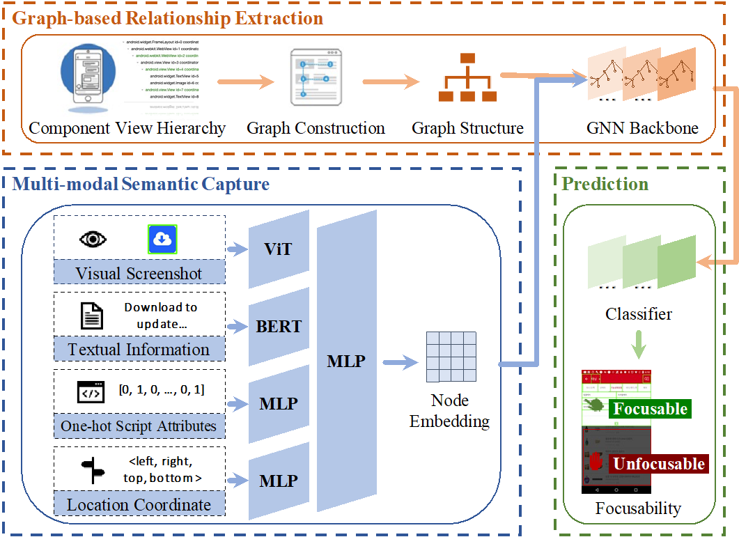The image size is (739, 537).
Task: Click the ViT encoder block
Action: coord(279,249)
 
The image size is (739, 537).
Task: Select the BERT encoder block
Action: coord(279,326)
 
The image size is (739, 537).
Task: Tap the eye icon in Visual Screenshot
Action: coord(93,240)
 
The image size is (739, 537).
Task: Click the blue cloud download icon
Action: coord(162,240)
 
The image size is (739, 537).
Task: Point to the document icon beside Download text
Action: coord(91,316)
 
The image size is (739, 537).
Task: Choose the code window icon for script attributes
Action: coord(91,392)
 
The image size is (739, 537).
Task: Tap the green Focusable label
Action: coord(649,409)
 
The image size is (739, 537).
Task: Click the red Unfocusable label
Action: coord(658,464)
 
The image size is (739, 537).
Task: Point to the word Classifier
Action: coord(639,314)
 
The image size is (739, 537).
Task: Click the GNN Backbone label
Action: coord(642,128)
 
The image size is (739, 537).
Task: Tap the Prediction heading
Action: coord(605,184)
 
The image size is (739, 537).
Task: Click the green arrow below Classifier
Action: coord(637,345)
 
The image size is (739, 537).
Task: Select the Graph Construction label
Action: coord(316,128)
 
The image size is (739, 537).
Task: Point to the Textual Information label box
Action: coord(139,349)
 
